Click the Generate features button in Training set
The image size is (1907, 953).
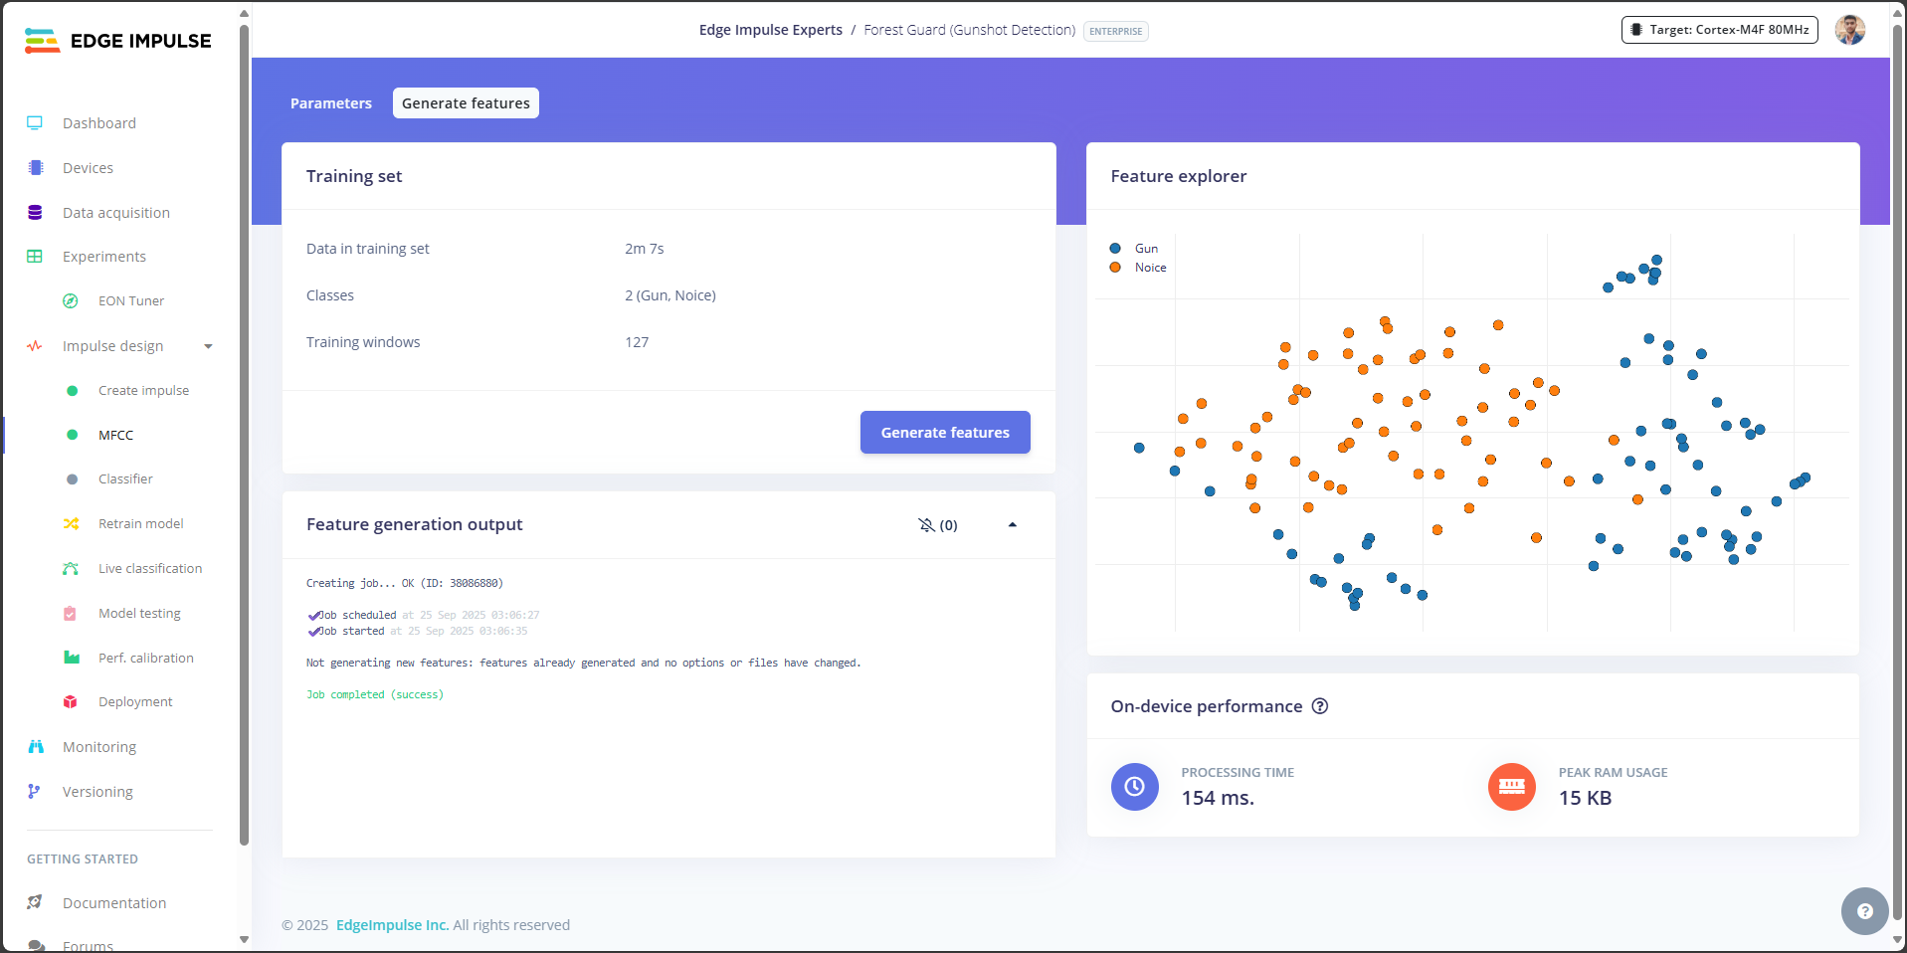tap(944, 433)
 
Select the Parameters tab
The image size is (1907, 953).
tap(331, 103)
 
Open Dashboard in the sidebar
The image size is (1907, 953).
tap(99, 123)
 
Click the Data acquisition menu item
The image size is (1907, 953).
tap(115, 213)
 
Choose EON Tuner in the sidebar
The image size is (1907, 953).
tap(130, 301)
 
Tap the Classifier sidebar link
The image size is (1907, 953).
tap(125, 479)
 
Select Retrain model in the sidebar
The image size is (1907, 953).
tap(140, 524)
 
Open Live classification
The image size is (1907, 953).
tap(149, 569)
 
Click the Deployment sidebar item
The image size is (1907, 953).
tap(135, 702)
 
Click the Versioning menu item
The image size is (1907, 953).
tap(97, 792)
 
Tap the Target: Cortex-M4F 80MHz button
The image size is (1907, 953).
tap(1719, 30)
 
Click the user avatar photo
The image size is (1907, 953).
tap(1849, 30)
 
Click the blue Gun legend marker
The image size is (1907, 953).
tap(1115, 249)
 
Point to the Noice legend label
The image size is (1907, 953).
tap(1150, 268)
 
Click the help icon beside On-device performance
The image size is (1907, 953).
tap(1320, 706)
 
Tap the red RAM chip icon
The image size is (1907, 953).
tap(1511, 787)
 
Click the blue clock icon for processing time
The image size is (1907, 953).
tap(1134, 787)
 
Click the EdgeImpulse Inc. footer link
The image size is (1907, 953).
tap(392, 925)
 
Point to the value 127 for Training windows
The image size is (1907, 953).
tap(637, 342)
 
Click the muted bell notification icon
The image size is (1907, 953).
tap(926, 525)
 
